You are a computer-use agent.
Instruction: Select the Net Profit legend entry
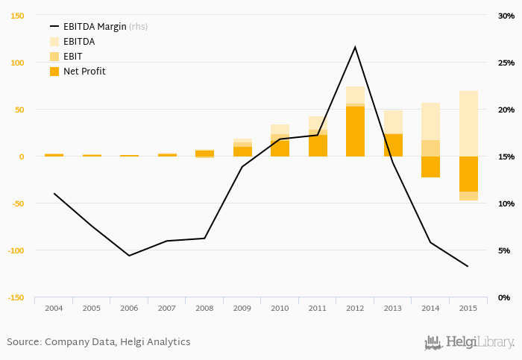coord(84,72)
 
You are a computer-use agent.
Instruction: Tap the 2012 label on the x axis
coord(355,308)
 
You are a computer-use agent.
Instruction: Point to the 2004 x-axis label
coord(54,308)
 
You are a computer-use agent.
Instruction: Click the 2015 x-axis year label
coord(468,308)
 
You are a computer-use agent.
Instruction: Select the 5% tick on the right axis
coord(506,250)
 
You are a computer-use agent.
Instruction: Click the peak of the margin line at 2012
coord(355,47)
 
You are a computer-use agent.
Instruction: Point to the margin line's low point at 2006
coord(129,256)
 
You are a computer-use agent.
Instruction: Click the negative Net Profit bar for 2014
coord(430,167)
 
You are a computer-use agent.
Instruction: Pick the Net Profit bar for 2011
coord(318,145)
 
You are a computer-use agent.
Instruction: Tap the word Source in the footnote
coord(24,342)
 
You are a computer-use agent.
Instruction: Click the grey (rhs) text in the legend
coord(139,27)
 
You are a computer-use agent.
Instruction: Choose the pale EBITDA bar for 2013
coord(393,121)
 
